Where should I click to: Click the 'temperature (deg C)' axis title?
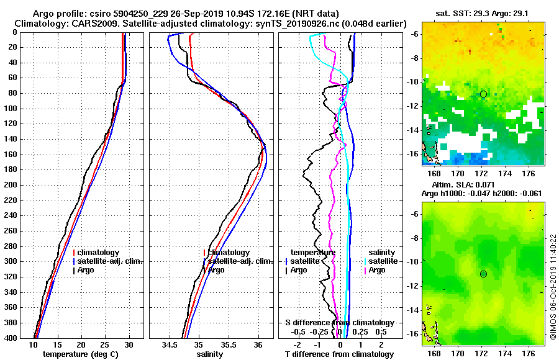[81, 354]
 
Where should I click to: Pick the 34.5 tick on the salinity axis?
[170, 344]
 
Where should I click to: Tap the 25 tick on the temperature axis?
[105, 344]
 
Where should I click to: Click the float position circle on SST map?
[483, 94]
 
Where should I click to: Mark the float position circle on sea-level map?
[483, 274]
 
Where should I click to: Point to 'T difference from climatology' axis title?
[339, 354]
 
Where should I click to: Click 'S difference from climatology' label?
[339, 323]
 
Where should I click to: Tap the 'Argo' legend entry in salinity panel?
[216, 270]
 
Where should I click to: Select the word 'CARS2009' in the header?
[89, 24]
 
